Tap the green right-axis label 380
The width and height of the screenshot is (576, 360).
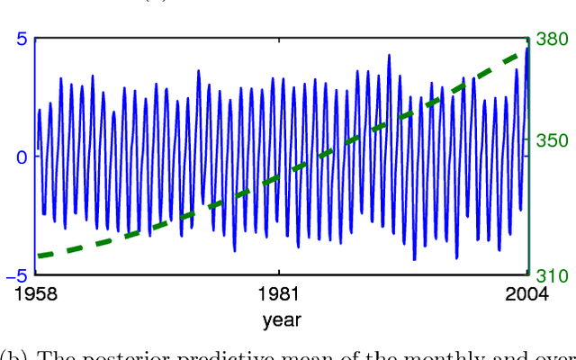click(x=553, y=40)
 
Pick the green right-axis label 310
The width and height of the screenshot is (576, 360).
click(x=553, y=276)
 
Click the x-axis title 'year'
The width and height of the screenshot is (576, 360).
click(x=282, y=319)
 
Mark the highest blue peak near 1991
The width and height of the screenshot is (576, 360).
click(x=389, y=55)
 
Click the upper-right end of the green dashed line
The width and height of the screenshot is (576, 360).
click(x=525, y=52)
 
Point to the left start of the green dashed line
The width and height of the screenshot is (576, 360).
click(x=39, y=256)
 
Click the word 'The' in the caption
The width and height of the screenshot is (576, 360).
click(x=54, y=353)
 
